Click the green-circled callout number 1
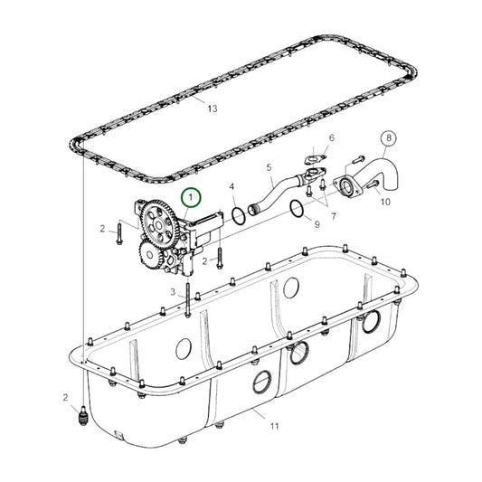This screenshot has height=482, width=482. point(192,196)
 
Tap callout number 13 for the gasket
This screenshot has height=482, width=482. point(213,109)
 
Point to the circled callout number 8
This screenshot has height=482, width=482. point(390,139)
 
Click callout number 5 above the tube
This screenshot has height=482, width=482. point(269,167)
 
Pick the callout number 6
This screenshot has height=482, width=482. point(331,138)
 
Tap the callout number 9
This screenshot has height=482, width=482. point(317,222)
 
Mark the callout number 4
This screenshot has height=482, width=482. point(232,188)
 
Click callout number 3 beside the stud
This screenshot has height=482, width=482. point(173,291)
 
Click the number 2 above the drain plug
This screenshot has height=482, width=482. point(65,398)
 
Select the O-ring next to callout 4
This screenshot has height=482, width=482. point(238,216)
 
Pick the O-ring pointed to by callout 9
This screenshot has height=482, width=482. point(296,210)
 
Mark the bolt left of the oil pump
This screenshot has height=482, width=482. point(118,232)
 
